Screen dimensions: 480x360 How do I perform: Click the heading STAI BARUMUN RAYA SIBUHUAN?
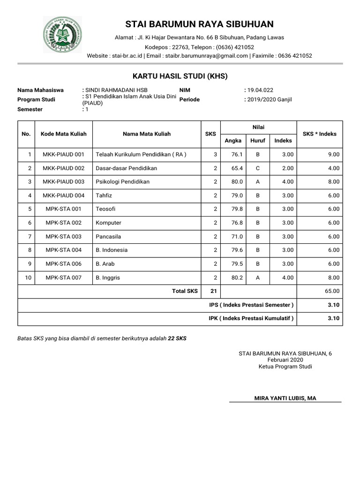pos(200,24)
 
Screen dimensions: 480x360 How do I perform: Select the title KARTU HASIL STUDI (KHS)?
pos(180,76)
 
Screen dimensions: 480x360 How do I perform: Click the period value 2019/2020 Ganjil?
pos(270,99)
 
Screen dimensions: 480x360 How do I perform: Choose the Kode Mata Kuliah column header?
pos(64,134)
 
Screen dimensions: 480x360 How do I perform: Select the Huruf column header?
pos(258,141)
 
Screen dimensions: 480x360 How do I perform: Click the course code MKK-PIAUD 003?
pos(64,182)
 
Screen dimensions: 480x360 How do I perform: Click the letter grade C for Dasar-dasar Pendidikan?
pos(258,168)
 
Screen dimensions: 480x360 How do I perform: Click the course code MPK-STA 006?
pos(64,264)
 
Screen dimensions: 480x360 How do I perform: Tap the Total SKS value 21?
pos(213,292)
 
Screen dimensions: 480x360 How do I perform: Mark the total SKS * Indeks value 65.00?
pos(331,292)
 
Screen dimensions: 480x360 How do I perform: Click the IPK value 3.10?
pos(333,319)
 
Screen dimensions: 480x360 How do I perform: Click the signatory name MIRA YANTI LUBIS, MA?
pos(285,398)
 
